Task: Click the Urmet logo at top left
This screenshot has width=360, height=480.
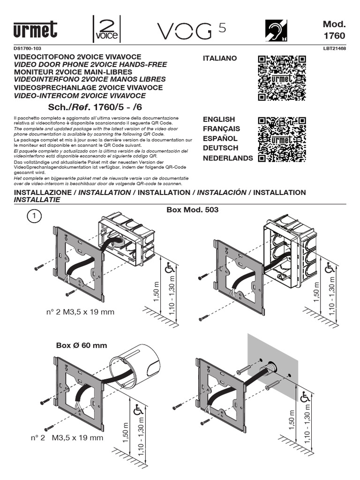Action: coord(36,30)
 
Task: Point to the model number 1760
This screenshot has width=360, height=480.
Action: coord(334,36)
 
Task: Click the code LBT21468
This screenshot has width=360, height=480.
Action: coord(334,48)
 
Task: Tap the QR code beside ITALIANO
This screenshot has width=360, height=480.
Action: coord(282,78)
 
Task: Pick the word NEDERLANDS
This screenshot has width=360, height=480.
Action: coord(227,158)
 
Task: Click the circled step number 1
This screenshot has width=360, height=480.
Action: coord(35,216)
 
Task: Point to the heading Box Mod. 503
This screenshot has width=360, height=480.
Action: coord(193,210)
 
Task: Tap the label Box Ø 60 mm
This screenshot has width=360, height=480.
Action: coord(82,345)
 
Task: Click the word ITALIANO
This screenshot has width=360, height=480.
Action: coord(220,58)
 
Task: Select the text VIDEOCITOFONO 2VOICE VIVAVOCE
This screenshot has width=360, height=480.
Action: coord(78,57)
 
